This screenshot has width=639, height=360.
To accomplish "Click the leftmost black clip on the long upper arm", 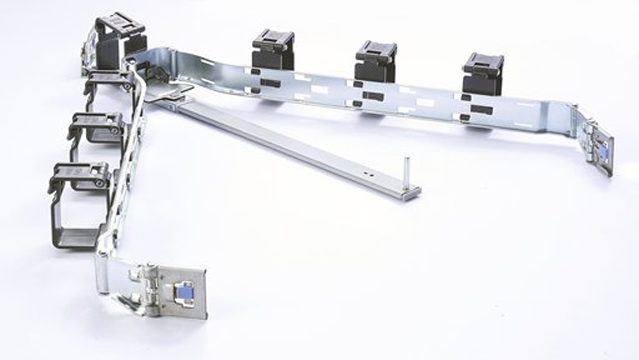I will point(273,49).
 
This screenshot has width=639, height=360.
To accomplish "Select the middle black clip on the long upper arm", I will point(376,61).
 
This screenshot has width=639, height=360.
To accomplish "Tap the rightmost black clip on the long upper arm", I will point(483,72).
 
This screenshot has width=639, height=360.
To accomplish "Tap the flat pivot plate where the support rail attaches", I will point(167,93).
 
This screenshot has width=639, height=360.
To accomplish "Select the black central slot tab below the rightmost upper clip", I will point(481,109).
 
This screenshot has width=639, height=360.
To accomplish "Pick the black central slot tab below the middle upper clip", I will point(373,97).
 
